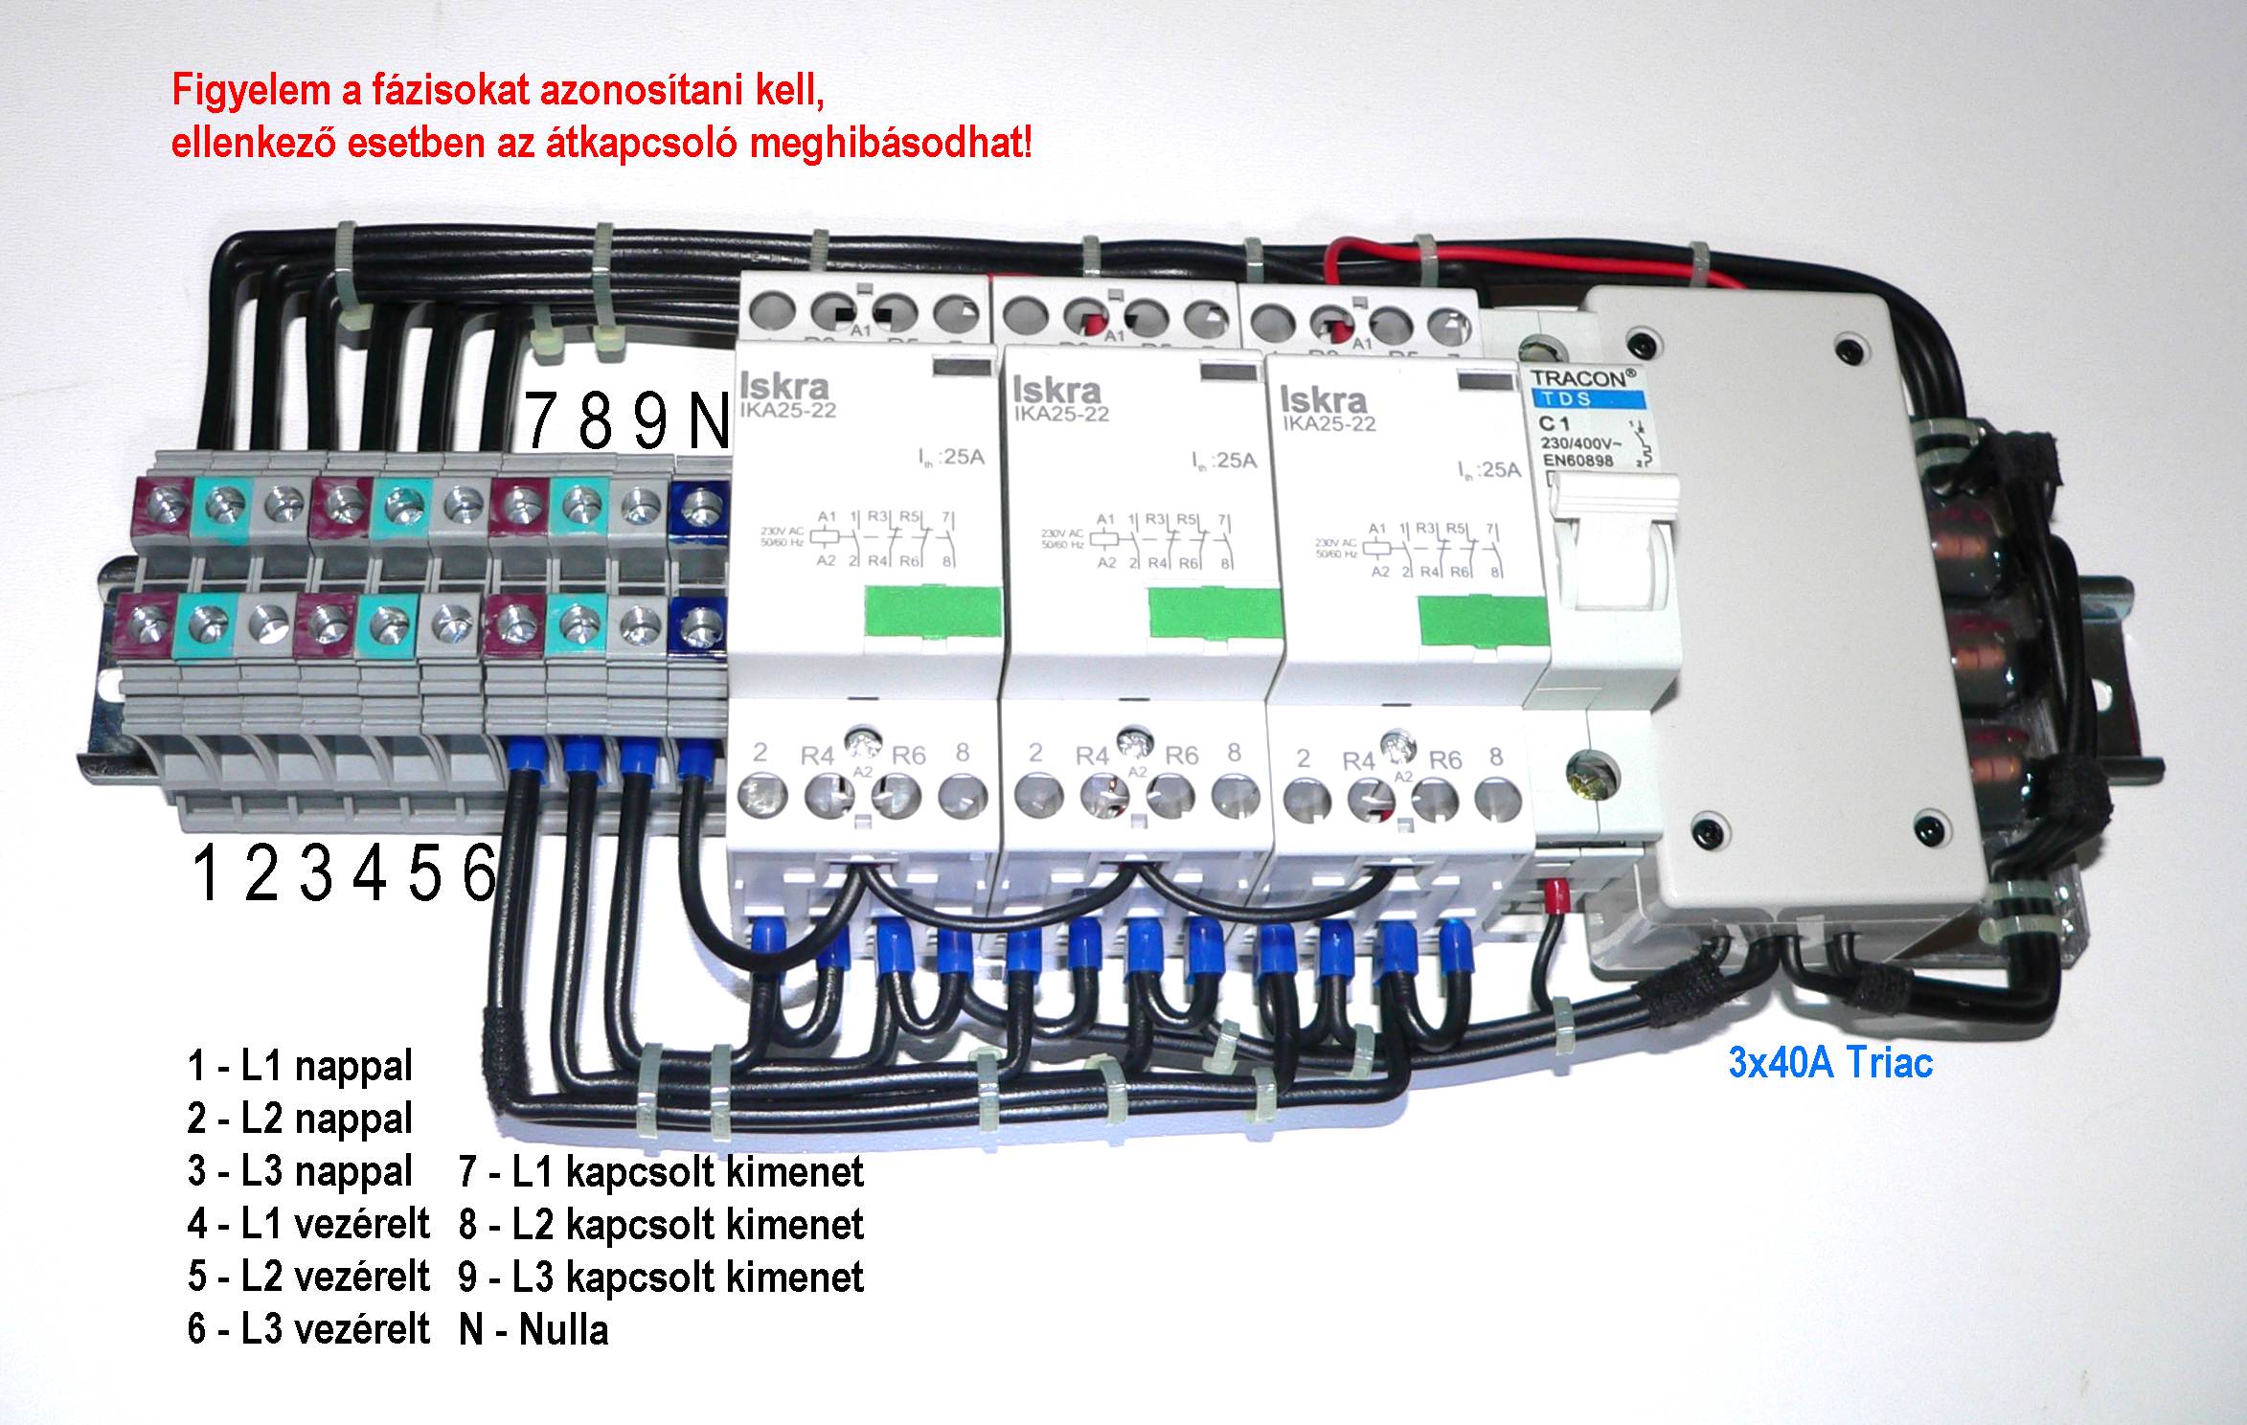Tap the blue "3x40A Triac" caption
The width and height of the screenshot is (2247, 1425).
coord(1830,1063)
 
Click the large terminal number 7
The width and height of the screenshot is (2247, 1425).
coord(541,422)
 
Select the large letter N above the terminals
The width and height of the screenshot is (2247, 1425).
coord(709,422)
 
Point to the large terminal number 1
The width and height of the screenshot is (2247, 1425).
coord(205,873)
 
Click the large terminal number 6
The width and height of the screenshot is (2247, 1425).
coord(479,873)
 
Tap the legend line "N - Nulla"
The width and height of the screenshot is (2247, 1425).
coord(533,1330)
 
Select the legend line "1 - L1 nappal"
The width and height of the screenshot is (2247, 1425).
coord(300,1066)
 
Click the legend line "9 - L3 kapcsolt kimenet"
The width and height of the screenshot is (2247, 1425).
coord(661,1278)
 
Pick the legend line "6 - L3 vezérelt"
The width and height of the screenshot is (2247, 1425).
coord(308,1329)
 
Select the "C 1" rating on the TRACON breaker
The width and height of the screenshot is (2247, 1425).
coord(1553,424)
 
